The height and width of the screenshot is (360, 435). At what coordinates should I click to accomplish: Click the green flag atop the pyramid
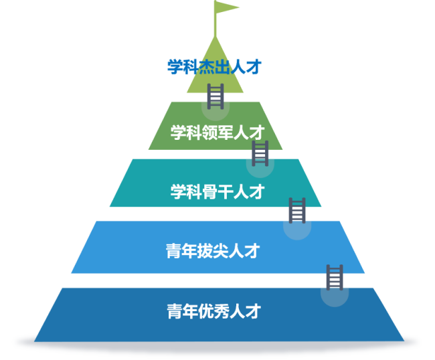pos(226,8)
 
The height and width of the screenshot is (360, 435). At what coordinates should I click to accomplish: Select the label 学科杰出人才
pos(213,67)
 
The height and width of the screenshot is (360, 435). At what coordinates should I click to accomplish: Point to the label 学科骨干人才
pos(217,192)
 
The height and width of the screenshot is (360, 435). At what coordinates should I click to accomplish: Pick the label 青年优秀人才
pos(213,311)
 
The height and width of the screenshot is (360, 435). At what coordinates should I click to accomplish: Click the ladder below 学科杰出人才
pos(215,96)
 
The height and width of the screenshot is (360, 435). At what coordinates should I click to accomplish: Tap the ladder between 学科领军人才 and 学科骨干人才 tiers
pos(260,153)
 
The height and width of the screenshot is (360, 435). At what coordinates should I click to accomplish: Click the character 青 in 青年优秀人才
pos(175,311)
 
